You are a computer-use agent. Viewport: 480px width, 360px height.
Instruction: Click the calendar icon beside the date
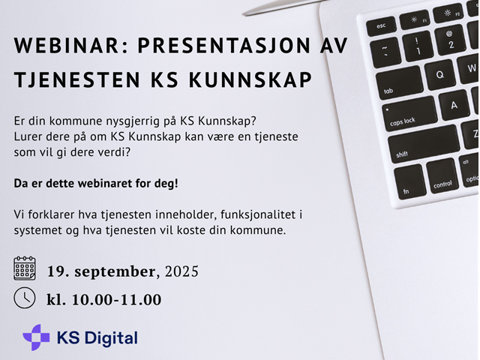25,268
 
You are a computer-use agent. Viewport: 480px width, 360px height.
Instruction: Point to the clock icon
25,297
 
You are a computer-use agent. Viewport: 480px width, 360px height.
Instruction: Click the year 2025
181,271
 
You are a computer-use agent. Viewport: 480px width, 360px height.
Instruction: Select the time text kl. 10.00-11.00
103,300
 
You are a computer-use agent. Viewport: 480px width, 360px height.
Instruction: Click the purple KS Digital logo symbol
35,337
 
